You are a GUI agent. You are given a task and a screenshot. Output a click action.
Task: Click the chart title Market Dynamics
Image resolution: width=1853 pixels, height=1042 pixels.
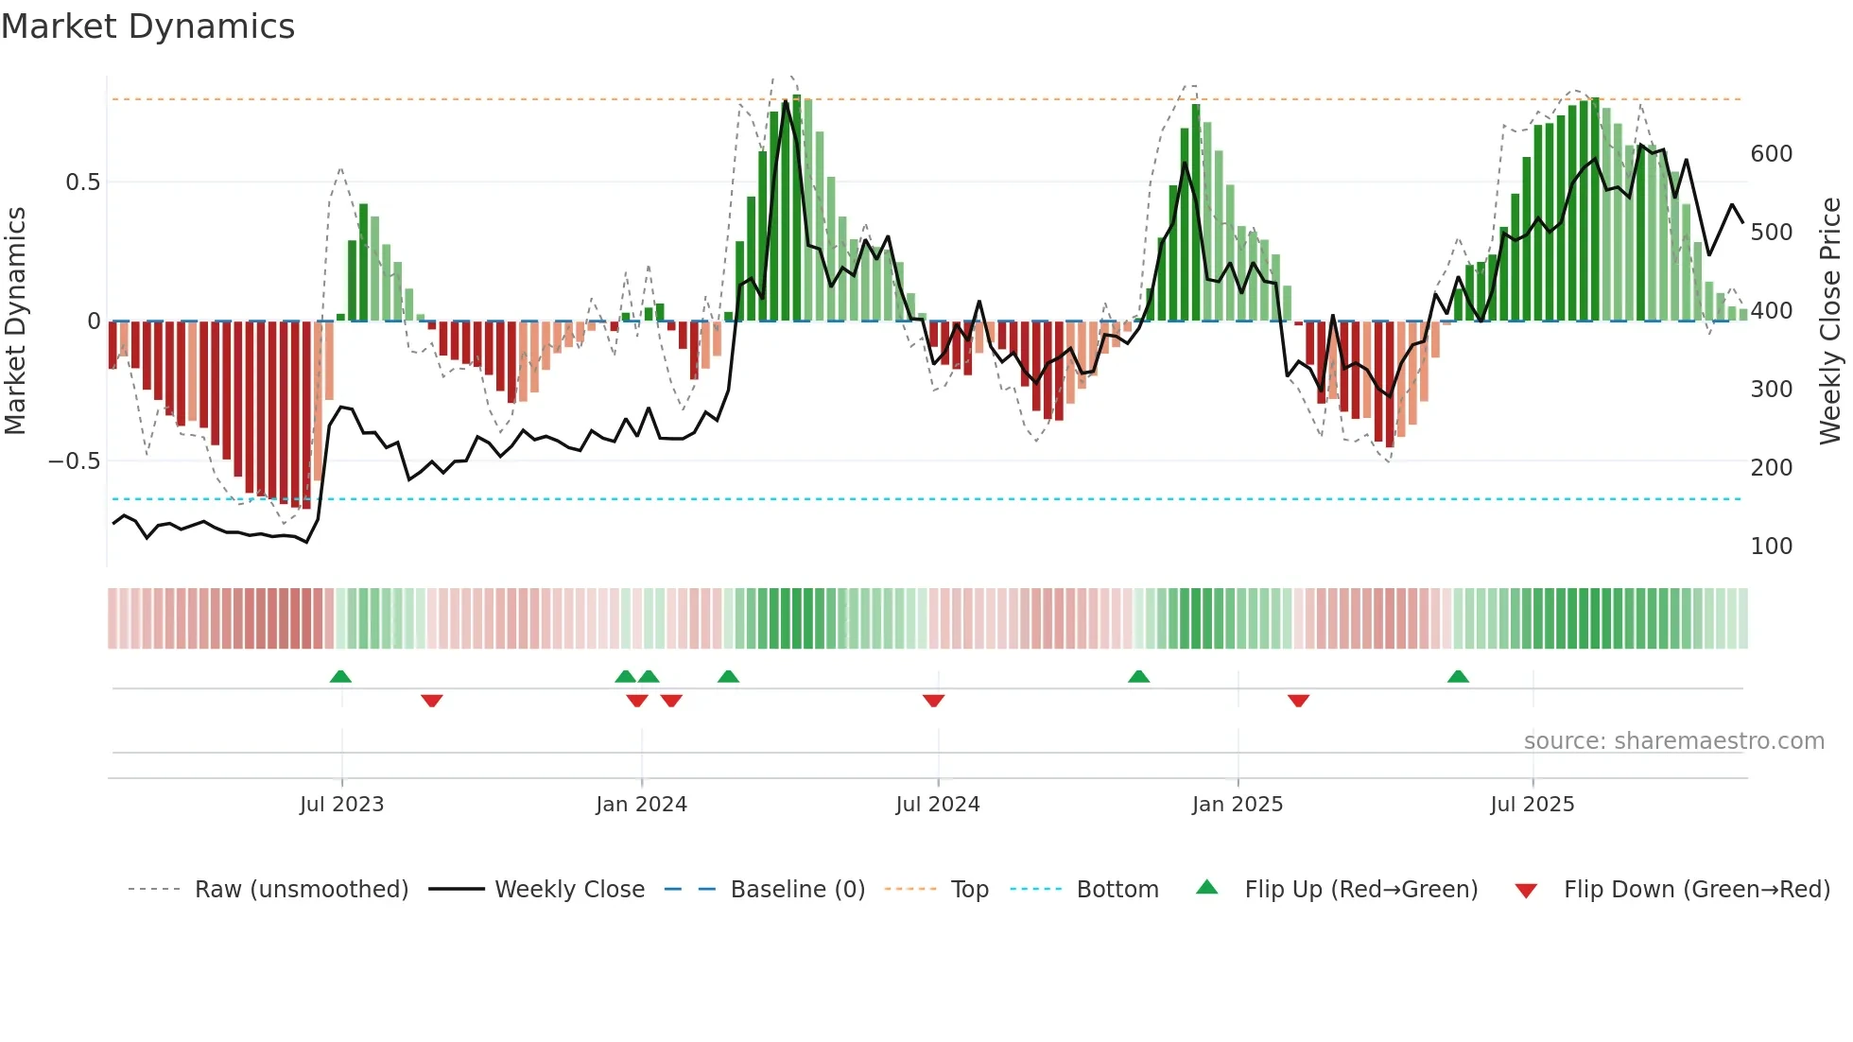147,26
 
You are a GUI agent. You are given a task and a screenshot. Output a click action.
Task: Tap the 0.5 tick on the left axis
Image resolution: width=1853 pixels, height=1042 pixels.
82,182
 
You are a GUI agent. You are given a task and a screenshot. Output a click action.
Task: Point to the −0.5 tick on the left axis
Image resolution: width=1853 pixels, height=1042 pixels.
75,461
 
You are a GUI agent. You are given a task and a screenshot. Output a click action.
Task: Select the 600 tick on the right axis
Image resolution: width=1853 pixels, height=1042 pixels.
1771,154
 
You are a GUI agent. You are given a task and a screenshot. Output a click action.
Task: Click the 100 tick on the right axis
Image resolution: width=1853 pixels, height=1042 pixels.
1771,547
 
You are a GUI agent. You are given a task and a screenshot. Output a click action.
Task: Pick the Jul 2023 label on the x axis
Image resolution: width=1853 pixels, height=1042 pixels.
341,805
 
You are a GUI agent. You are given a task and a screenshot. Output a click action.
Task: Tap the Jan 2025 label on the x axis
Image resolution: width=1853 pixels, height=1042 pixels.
1237,805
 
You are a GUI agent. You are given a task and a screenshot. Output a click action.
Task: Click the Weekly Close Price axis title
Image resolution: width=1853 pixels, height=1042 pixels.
1830,321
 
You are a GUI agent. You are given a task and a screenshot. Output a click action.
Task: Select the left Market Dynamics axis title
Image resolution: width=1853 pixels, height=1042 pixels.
15,321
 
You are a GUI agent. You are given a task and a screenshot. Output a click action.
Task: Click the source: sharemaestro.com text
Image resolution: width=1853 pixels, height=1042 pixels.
1673,741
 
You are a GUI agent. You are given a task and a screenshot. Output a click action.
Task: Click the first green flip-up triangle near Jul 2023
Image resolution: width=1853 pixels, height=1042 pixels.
340,676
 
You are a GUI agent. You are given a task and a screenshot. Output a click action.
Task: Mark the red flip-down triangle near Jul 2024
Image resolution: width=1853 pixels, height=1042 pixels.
933,701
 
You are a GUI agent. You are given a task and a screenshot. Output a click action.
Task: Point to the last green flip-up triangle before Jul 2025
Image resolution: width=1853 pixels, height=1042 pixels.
1458,676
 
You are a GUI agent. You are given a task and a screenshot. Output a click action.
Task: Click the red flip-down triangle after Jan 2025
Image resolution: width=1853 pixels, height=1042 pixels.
1298,701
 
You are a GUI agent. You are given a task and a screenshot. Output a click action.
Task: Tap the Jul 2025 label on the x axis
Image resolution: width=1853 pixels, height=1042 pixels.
1532,805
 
